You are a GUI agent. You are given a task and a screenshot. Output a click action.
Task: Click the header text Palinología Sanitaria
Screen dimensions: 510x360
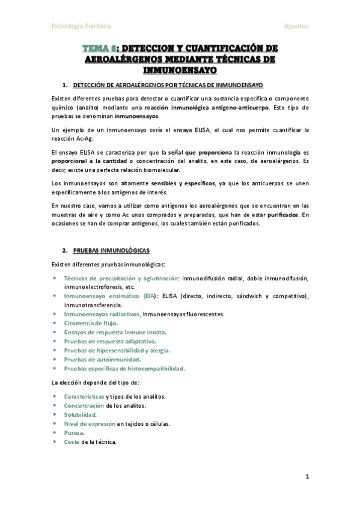(x=81, y=26)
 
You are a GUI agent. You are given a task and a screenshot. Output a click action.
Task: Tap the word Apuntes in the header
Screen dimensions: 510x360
(x=296, y=26)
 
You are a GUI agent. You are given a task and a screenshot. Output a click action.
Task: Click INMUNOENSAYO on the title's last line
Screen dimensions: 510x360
(x=180, y=70)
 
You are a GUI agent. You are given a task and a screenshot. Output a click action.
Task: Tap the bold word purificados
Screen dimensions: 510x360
(x=284, y=214)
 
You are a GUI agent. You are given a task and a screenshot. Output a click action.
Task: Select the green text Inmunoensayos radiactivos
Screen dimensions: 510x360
(x=102, y=314)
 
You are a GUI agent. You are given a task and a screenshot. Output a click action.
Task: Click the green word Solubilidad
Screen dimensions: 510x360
(x=80, y=414)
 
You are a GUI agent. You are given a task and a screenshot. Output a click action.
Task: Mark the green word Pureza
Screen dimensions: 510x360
(x=74, y=432)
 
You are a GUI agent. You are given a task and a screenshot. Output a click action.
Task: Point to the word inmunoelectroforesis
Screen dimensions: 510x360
(x=92, y=287)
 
